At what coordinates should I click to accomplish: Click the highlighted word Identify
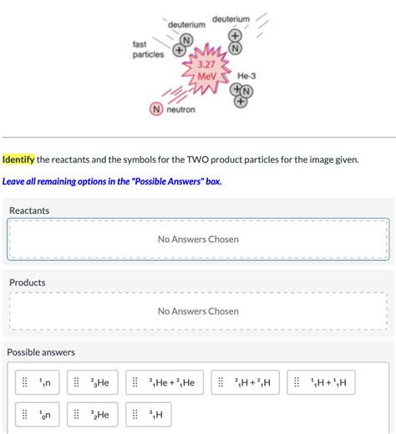point(19,159)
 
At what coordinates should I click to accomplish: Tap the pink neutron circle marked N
point(155,109)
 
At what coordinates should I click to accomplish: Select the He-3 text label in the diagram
point(249,76)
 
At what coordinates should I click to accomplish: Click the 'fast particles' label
point(147,49)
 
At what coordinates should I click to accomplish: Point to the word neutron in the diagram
point(180,110)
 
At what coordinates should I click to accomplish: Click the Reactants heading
point(28,210)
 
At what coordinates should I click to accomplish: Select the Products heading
point(27,282)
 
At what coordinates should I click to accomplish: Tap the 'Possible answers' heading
point(41,352)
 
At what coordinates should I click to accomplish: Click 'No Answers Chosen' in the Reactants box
point(198,240)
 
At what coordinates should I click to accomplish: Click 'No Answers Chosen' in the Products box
point(198,311)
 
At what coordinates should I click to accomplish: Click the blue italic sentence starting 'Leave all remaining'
point(112,180)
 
